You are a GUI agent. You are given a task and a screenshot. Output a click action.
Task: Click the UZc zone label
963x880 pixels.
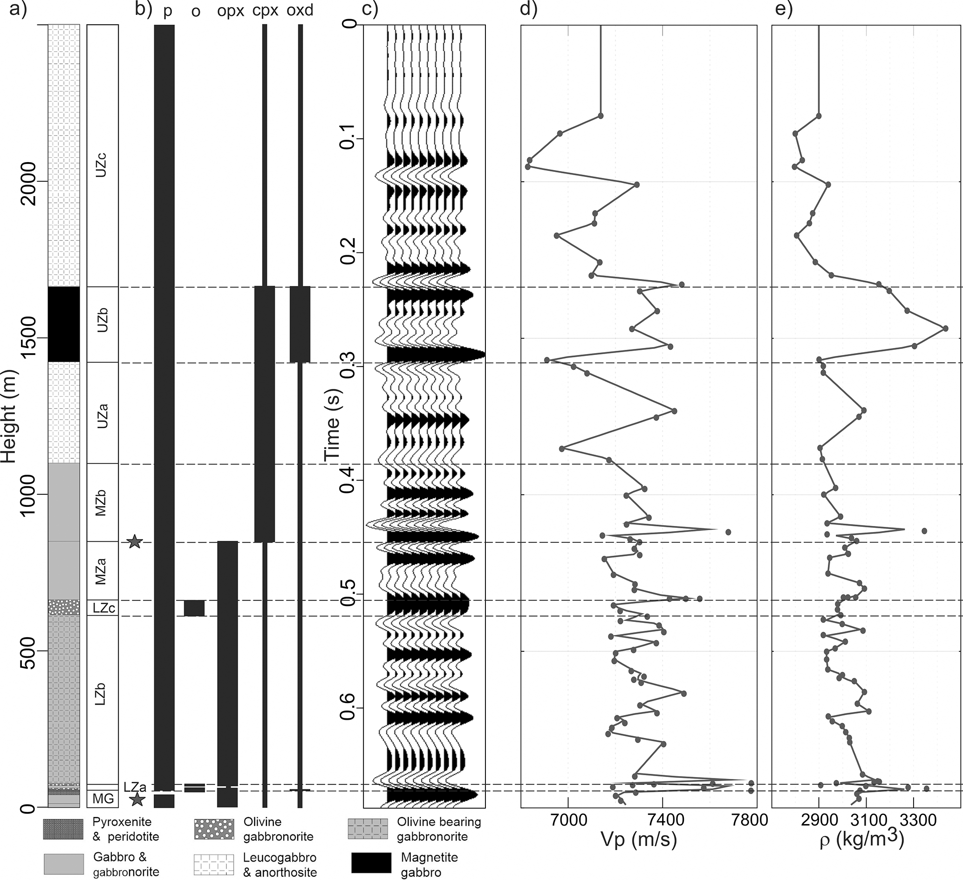click(102, 164)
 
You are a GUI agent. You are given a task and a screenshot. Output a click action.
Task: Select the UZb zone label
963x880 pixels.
click(102, 320)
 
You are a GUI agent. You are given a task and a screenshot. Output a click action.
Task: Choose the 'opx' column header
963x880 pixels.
click(231, 11)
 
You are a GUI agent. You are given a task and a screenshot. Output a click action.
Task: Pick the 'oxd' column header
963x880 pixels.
click(300, 10)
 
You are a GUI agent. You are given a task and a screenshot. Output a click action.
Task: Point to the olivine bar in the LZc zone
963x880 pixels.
click(194, 608)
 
